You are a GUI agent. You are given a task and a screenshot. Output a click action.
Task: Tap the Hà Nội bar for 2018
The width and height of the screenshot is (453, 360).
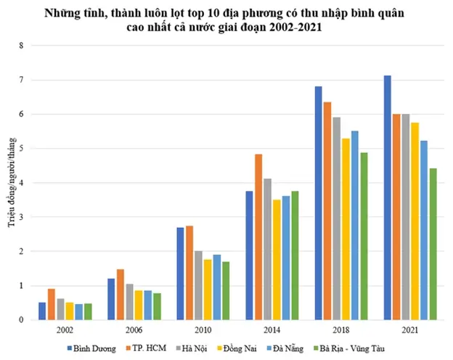336,218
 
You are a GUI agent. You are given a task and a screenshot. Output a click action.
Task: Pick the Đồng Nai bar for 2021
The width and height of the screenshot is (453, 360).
415,221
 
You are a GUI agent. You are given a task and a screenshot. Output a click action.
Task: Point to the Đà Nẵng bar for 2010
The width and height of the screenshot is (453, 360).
216,287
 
